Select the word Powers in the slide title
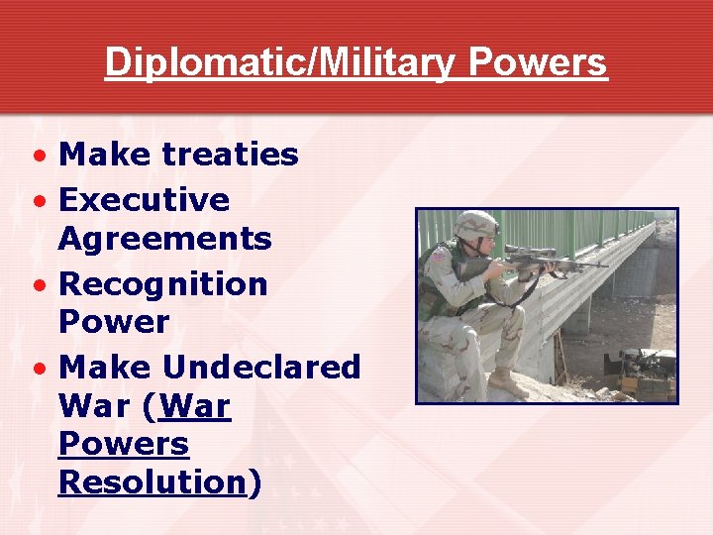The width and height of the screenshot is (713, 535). [x=538, y=62]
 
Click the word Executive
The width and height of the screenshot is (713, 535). [x=145, y=200]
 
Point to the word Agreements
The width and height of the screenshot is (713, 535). [x=164, y=239]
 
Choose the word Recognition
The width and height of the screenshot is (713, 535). [x=163, y=284]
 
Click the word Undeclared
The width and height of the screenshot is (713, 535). [x=261, y=368]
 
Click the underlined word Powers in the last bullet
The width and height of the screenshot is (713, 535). [x=123, y=445]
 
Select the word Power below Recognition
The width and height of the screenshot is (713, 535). [x=114, y=322]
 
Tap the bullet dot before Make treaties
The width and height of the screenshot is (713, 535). [x=37, y=157]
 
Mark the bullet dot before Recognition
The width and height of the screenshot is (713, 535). [x=37, y=286]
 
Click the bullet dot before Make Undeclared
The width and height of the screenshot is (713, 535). [x=37, y=370]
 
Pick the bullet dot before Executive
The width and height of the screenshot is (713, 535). [x=37, y=202]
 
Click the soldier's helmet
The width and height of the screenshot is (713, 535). [x=475, y=225]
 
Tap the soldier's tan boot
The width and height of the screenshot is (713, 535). [x=506, y=382]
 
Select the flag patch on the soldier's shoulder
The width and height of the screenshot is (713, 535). [x=440, y=257]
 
